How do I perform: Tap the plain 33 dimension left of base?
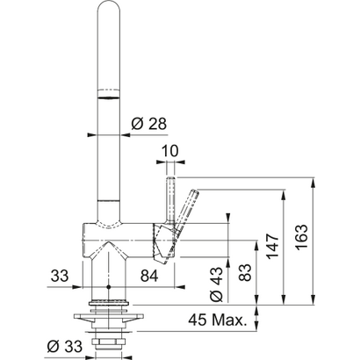pyautogui.click(x=60, y=277)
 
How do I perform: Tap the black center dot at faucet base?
pyautogui.click(x=107, y=287)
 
